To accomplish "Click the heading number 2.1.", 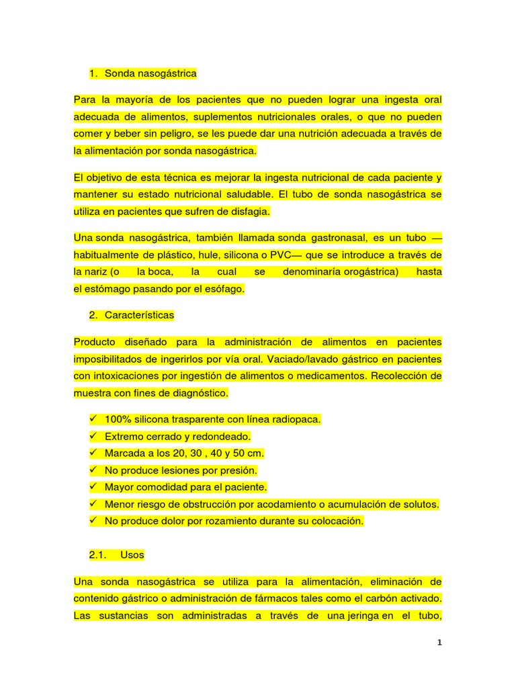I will click(98, 556).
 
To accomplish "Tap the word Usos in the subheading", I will click(132, 556).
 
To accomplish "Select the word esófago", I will click(225, 289).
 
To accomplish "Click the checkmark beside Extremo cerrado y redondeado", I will click(93, 437).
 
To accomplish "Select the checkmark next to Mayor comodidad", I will click(93, 487).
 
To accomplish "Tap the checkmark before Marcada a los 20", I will click(93, 454).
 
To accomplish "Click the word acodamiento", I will click(299, 504).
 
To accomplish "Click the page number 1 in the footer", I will click(439, 643).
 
